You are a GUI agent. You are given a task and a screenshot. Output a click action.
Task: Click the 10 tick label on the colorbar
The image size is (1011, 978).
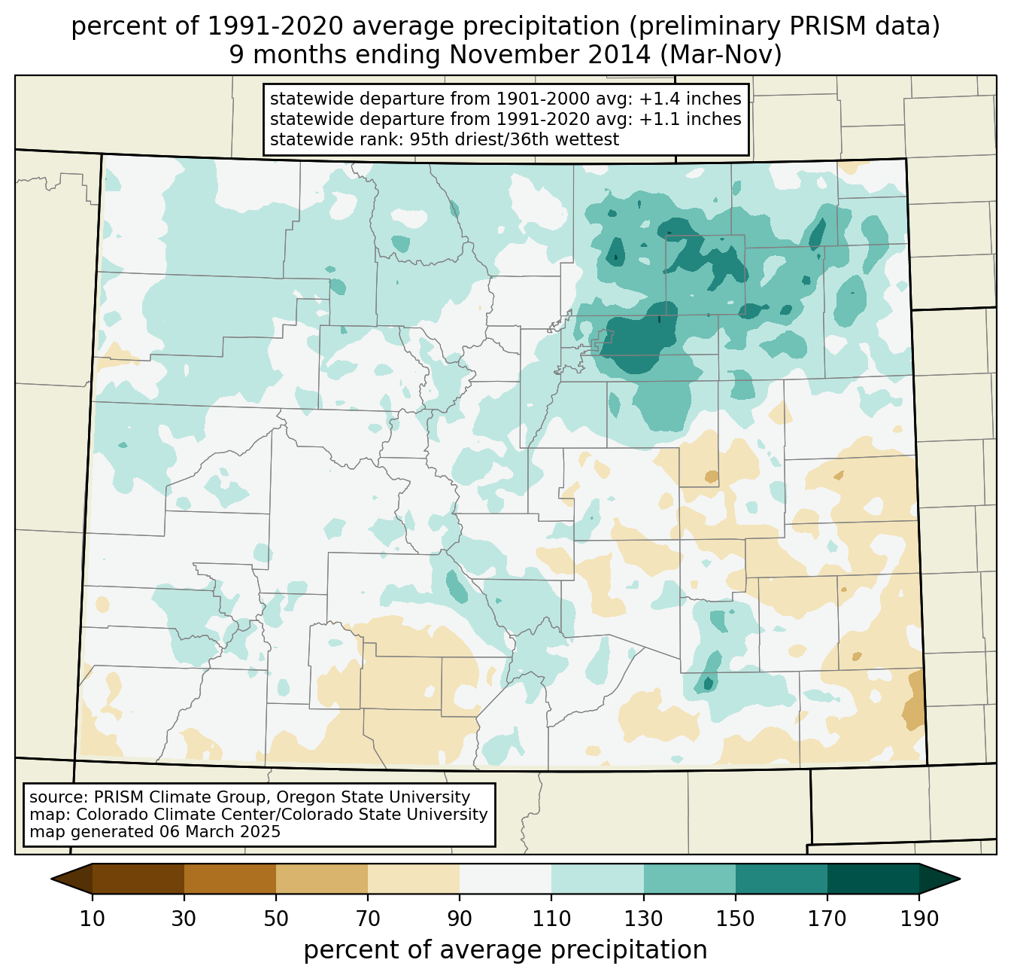click(93, 919)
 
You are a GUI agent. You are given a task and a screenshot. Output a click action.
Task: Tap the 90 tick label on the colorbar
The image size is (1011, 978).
click(460, 919)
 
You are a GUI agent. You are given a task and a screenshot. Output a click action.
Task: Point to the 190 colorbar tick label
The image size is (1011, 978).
click(919, 919)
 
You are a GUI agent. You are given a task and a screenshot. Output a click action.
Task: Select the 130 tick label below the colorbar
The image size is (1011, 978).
click(644, 919)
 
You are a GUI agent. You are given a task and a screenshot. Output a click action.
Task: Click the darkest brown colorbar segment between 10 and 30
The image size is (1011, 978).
click(138, 879)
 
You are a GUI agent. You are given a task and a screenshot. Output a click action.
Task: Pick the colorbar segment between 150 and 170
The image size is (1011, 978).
click(782, 879)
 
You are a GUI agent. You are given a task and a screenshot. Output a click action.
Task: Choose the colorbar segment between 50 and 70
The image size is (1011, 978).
click(322, 879)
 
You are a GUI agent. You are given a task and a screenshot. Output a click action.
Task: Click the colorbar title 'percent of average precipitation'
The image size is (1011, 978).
click(506, 950)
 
